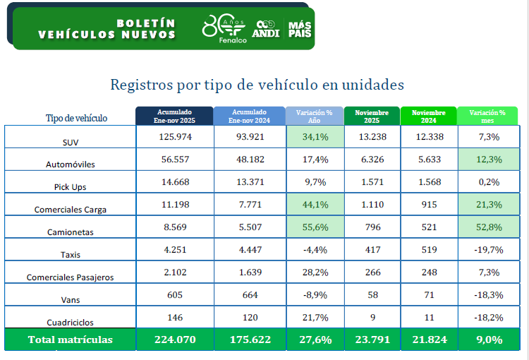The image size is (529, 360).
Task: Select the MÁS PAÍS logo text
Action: (x=299, y=29)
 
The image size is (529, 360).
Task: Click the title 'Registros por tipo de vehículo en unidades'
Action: (x=257, y=85)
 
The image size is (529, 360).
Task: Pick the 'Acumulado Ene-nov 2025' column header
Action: (x=174, y=116)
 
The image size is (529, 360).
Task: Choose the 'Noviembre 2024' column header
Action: (x=428, y=116)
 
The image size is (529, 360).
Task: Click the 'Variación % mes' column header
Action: (x=487, y=116)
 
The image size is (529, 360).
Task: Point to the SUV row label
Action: (x=71, y=142)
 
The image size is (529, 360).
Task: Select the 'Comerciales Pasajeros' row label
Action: (x=71, y=277)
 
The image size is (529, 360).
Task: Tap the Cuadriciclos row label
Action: (x=71, y=323)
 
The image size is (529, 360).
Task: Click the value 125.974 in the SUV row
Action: (x=174, y=137)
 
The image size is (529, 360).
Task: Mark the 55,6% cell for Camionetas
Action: (x=315, y=227)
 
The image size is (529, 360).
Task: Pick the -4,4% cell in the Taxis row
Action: (x=315, y=250)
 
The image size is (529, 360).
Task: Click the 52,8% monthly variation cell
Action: (x=487, y=227)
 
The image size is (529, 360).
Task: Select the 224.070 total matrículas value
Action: (x=174, y=340)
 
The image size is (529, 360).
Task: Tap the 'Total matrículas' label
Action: (x=71, y=340)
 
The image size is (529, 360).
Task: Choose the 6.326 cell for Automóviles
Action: (x=372, y=160)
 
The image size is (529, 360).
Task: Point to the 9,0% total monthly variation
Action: (x=487, y=340)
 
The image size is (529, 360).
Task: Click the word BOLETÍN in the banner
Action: (x=146, y=23)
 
